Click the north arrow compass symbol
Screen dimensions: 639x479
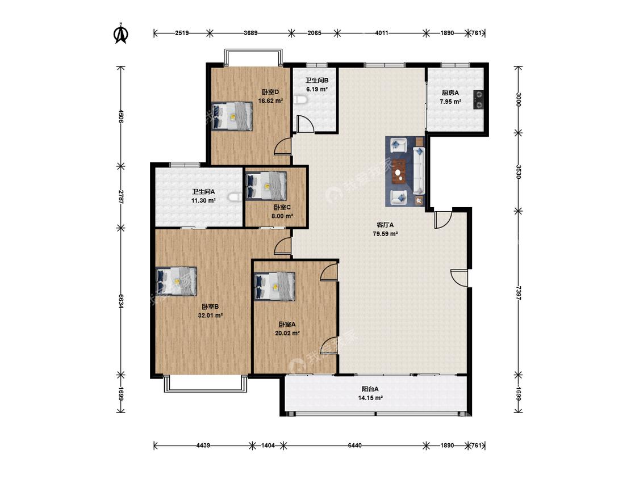pyautogui.click(x=120, y=33)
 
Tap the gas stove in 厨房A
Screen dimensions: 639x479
pyautogui.click(x=478, y=99)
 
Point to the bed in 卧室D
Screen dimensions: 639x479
pyautogui.click(x=232, y=116)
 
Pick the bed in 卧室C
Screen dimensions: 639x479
pyautogui.click(x=266, y=186)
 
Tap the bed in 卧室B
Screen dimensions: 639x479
pyautogui.click(x=177, y=280)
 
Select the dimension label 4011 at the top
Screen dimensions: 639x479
pyautogui.click(x=382, y=33)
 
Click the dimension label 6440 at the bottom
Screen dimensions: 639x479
pyautogui.click(x=354, y=445)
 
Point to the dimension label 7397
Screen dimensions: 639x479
pyautogui.click(x=518, y=293)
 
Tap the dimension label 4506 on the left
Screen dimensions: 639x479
pyautogui.click(x=120, y=116)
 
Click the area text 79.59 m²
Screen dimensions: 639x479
pyautogui.click(x=385, y=234)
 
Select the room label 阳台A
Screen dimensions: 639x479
pyautogui.click(x=370, y=389)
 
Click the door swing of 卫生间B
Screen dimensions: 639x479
pyautogui.click(x=306, y=124)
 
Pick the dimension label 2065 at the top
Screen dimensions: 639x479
pyautogui.click(x=314, y=33)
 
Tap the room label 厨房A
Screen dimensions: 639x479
pyautogui.click(x=450, y=93)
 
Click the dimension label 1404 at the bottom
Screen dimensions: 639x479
pyautogui.click(x=268, y=445)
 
